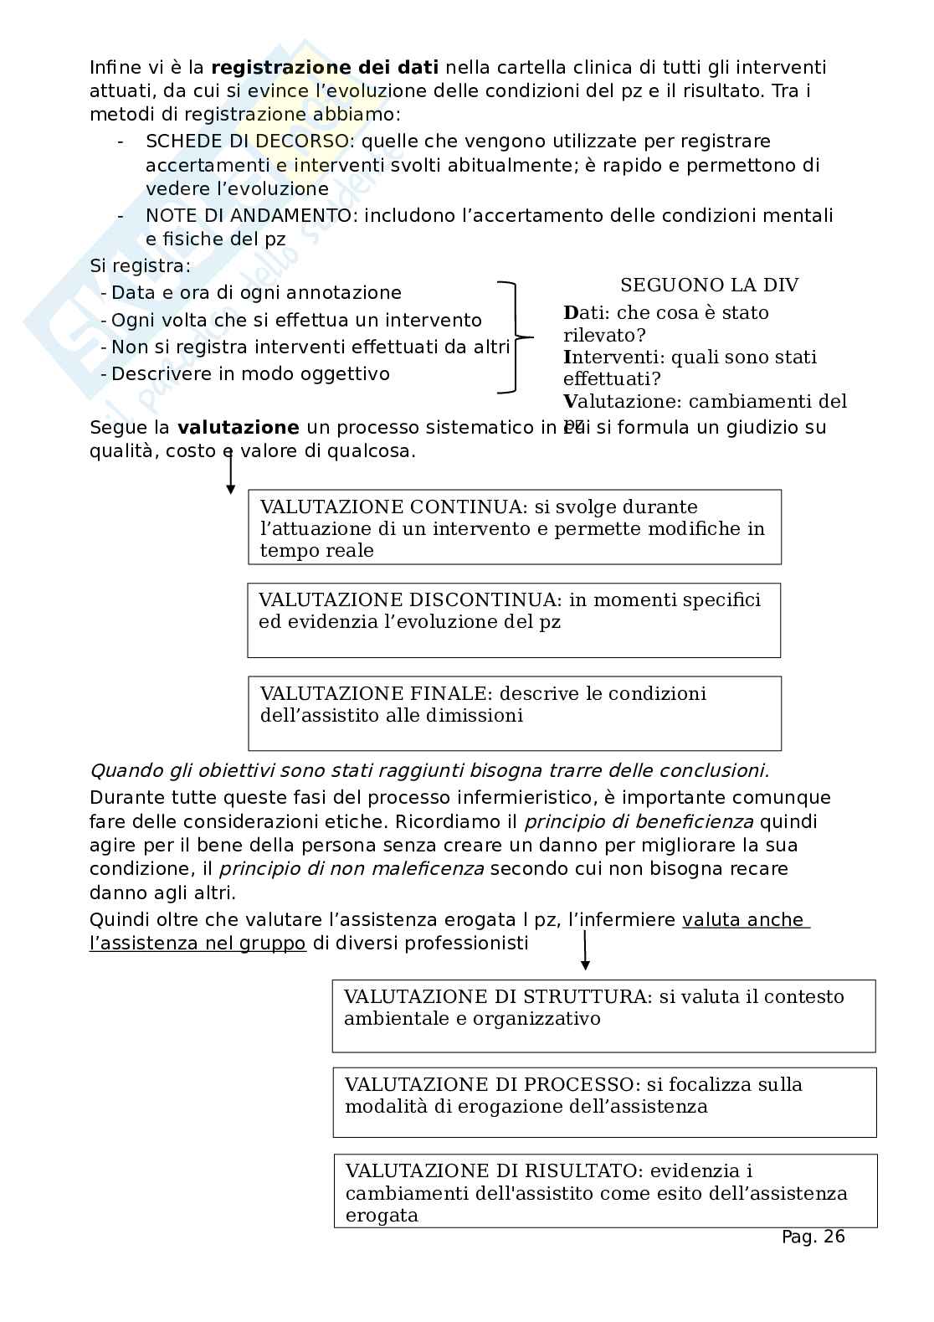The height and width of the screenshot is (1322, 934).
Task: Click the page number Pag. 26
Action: pos(813,1237)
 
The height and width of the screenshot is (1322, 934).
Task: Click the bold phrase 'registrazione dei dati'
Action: pos(325,68)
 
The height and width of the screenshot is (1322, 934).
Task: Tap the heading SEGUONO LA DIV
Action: pos(709,285)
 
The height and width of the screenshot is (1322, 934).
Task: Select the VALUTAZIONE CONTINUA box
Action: pos(514,527)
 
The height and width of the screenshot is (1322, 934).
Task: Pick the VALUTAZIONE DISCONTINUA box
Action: pos(513,620)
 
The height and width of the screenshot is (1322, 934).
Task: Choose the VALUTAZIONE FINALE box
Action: pos(514,713)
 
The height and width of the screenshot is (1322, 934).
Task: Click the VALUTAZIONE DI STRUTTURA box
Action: pos(603,1016)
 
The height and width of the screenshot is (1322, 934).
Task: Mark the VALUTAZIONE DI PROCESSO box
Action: pos(604,1102)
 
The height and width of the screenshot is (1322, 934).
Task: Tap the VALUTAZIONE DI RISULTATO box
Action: pos(605,1191)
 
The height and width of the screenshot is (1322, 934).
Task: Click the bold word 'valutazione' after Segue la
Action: pos(238,428)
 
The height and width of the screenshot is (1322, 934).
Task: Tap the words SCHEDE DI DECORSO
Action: pos(249,141)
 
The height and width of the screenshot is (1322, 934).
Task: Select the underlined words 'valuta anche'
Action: pos(743,920)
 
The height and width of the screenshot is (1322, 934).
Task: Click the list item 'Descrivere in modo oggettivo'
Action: pos(250,374)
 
